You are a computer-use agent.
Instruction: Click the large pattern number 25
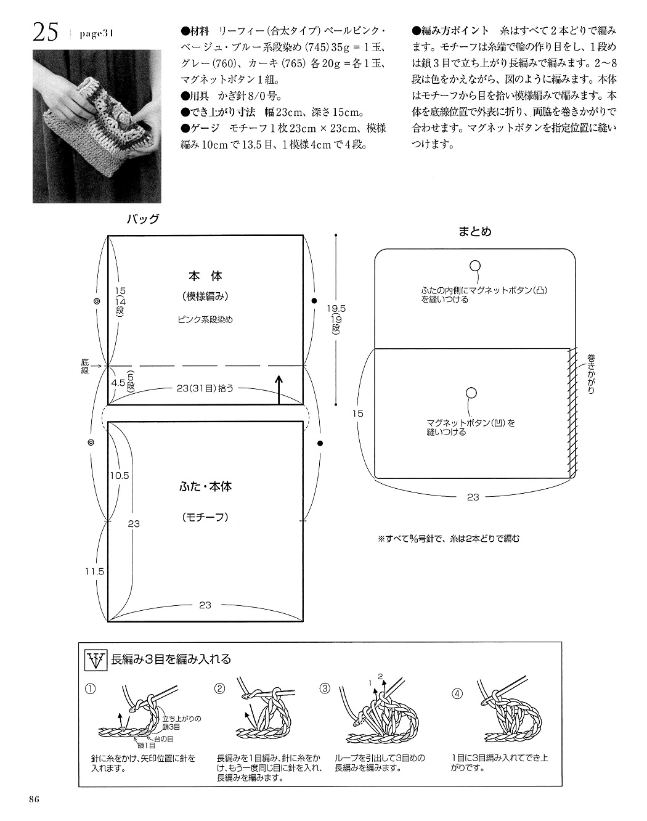(46, 33)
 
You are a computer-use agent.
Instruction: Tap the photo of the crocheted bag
(97, 128)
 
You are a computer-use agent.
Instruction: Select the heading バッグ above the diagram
(143, 219)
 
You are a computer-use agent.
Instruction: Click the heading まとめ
(475, 232)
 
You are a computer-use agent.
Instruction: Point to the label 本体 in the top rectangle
(205, 276)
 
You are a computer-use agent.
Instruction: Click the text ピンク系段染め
(205, 319)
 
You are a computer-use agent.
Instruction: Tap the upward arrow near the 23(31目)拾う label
(279, 391)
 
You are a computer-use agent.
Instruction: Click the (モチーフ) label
(205, 518)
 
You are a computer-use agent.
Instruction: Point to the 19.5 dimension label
(336, 308)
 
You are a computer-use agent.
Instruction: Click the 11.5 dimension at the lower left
(95, 571)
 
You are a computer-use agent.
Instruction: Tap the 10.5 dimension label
(120, 476)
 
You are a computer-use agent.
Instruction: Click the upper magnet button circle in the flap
(474, 266)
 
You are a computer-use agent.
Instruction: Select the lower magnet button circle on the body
(471, 393)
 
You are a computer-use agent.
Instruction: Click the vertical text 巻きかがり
(591, 374)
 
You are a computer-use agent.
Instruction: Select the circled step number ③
(325, 688)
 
